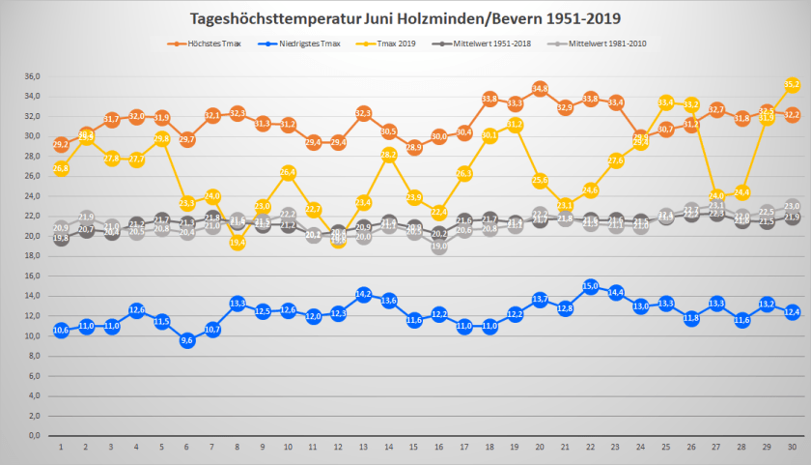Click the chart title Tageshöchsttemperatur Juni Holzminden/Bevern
point(405,18)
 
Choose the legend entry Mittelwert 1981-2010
point(603,44)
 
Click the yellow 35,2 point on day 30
point(792,85)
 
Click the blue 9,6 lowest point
point(187,340)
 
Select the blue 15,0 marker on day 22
point(591,286)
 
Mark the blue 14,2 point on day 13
point(364,294)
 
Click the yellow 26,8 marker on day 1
point(61,168)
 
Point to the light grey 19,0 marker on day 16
point(439,247)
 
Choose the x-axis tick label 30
point(792,448)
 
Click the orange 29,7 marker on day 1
point(61,144)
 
